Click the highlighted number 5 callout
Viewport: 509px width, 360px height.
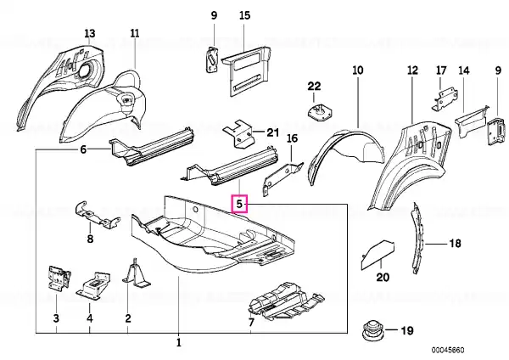pyautogui.click(x=239, y=204)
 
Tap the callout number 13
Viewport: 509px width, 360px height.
pyautogui.click(x=90, y=33)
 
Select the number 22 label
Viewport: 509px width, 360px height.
pyautogui.click(x=314, y=86)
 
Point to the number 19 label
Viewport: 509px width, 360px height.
pyautogui.click(x=407, y=330)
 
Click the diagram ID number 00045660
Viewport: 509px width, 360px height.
pyautogui.click(x=448, y=350)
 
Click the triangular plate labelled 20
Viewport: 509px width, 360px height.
pyautogui.click(x=378, y=255)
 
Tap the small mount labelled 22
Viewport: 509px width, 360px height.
pyautogui.click(x=320, y=112)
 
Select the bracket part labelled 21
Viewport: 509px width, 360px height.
pyautogui.click(x=238, y=134)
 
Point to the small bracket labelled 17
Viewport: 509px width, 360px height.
pyautogui.click(x=445, y=98)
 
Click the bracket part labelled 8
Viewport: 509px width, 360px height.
pyautogui.click(x=96, y=215)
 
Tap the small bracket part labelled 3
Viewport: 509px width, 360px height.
pyautogui.click(x=59, y=278)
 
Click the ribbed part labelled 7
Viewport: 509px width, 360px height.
pyautogui.click(x=285, y=302)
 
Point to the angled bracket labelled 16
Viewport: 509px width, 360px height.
pyautogui.click(x=282, y=178)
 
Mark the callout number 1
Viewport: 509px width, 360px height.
pyautogui.click(x=178, y=342)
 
